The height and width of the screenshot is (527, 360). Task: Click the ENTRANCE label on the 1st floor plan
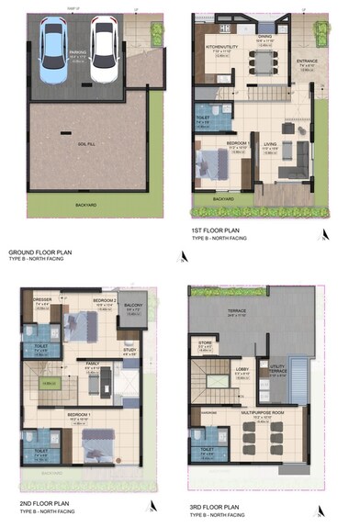tap(307, 61)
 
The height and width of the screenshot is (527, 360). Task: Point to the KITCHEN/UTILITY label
tap(222, 45)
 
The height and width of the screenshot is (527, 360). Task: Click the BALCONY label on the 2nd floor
tap(134, 305)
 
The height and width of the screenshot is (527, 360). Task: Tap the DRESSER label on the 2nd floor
tap(40, 300)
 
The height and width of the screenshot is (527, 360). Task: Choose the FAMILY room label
tap(93, 364)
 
